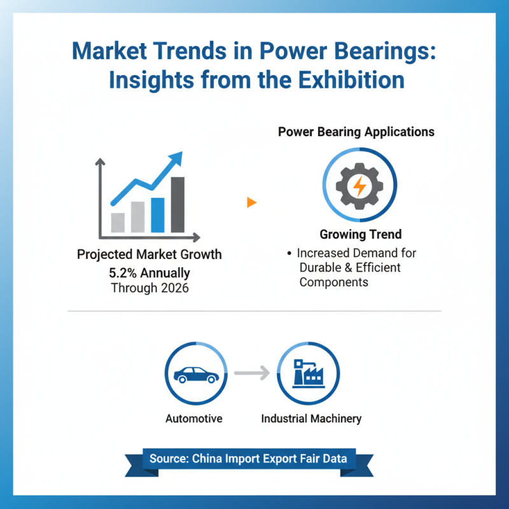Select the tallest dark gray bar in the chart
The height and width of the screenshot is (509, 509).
[x=178, y=204]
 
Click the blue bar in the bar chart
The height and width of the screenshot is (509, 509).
[x=158, y=215]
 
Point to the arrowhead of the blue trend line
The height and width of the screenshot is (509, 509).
[x=176, y=157]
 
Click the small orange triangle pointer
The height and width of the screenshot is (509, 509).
[x=251, y=202]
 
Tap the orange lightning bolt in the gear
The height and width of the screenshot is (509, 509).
[x=359, y=186]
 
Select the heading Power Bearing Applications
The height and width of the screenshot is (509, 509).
[x=356, y=132]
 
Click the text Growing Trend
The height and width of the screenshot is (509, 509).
[x=360, y=234]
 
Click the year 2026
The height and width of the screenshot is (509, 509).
[x=174, y=288]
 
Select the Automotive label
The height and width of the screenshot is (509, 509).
[x=193, y=419]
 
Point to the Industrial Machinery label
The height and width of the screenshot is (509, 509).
[x=311, y=419]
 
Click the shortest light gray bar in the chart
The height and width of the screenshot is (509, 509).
[x=118, y=222]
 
